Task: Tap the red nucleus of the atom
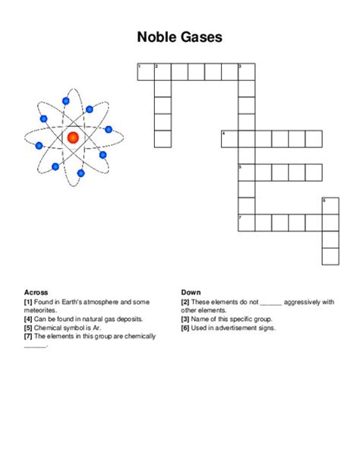73,138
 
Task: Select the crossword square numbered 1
145,72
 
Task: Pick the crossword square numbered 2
162,72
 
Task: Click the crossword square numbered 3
246,72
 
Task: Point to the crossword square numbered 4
229,138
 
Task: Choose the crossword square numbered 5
246,172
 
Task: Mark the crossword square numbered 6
330,205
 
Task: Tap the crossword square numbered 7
246,222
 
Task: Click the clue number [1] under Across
28,302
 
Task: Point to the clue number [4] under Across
28,319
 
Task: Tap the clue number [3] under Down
185,319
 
